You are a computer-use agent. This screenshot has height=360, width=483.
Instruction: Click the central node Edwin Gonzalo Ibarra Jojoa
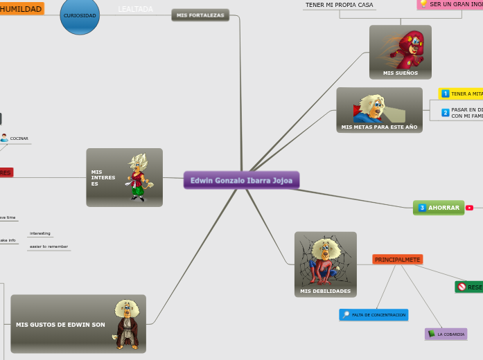pos(241,181)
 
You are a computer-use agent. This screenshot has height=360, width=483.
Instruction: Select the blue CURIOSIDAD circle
pos(80,15)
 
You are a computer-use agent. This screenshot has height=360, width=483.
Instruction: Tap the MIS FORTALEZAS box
pos(200,15)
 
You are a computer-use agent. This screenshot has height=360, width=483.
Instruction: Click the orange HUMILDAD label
pos(21,9)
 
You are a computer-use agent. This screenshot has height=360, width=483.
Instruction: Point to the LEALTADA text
pos(135,9)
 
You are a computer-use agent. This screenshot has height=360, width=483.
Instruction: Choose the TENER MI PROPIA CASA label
pos(340,5)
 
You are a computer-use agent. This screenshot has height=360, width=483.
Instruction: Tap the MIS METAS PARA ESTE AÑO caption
pos(379,127)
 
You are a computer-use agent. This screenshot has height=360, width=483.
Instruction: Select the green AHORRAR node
pos(439,208)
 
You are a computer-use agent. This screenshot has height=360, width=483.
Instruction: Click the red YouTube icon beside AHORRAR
pos(470,208)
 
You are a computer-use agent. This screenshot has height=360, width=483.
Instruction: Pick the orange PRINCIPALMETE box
pos(397,260)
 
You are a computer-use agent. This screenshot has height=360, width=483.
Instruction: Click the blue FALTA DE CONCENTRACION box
pos(374,315)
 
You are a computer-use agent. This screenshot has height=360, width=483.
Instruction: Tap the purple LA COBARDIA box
pos(446,334)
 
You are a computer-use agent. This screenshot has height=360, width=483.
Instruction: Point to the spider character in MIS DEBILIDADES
pos(325,261)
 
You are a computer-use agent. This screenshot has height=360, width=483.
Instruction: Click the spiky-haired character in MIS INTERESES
pos(139,177)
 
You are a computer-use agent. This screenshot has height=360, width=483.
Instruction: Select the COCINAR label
pos(19,138)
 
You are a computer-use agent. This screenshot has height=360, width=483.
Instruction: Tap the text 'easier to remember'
pos(49,246)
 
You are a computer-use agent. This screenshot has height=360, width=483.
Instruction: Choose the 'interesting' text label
pos(40,233)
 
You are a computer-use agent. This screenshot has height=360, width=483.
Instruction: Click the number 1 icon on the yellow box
pos(446,93)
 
